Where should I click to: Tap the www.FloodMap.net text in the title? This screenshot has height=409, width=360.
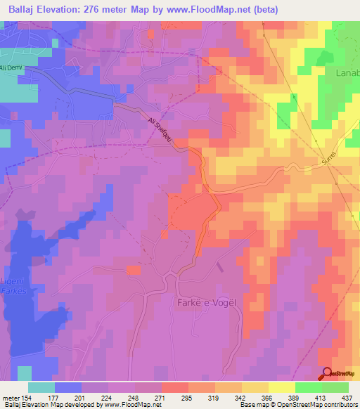214,9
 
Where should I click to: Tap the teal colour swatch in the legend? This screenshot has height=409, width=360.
41,387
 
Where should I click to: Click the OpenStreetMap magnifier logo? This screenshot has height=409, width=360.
328,374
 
